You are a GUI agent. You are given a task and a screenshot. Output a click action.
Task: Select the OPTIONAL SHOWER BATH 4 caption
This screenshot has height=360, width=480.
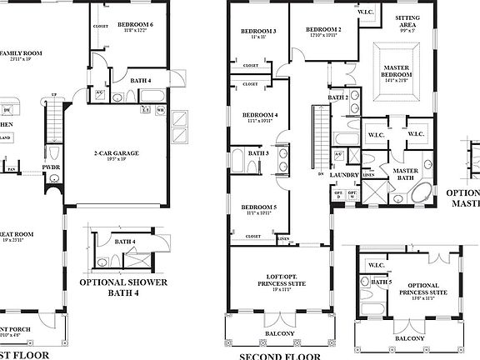coord(123,287)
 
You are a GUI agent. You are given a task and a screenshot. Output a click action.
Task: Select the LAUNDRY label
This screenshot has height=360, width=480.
coord(343,175)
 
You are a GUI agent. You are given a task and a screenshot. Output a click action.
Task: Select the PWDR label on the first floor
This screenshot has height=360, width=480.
coord(52,167)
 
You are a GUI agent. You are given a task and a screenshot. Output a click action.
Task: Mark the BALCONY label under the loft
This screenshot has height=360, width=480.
coord(279,333)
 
